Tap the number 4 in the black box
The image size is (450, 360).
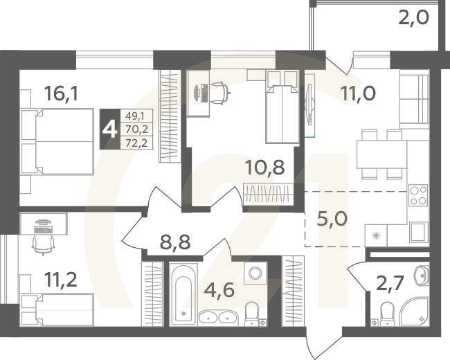point(109,129)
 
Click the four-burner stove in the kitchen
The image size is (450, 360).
point(417,197)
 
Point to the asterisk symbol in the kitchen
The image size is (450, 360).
point(377,235)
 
